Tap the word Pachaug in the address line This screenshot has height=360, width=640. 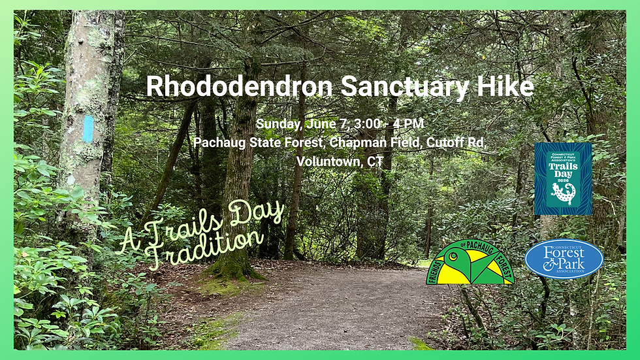220,142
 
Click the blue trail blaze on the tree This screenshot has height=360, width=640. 88,129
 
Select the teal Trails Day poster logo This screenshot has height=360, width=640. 563,178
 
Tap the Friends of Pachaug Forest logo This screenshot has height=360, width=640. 470,262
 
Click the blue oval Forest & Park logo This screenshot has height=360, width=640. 564,259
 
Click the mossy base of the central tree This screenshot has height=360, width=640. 234,269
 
